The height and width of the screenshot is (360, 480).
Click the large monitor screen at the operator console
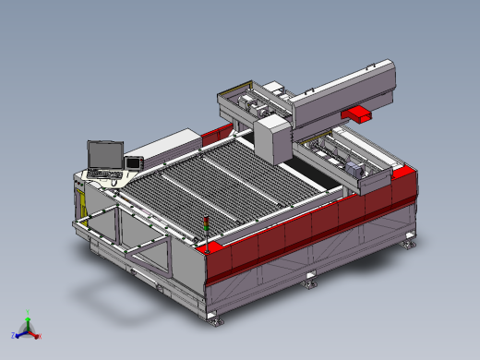[102, 154]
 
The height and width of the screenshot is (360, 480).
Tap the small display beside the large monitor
[133, 162]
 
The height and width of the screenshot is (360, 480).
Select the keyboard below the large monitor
[103, 173]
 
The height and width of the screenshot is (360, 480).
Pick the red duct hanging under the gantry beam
[357, 112]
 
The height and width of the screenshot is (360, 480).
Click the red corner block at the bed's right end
[399, 172]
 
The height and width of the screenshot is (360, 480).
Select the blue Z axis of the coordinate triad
[18, 334]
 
